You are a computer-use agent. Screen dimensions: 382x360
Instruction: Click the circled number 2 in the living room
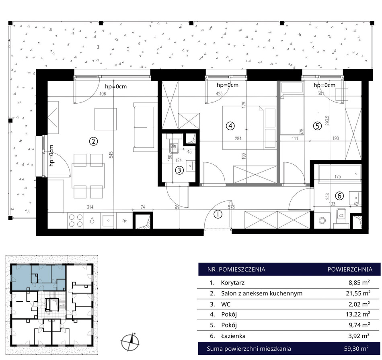(94, 141)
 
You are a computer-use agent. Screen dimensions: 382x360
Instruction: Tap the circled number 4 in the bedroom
(230, 126)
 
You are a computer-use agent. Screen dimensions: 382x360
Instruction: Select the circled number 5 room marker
(317, 126)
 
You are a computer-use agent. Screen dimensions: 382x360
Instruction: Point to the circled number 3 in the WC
(179, 170)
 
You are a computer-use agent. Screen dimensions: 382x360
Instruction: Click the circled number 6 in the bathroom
(339, 196)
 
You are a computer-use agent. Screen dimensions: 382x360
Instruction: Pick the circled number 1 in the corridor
(218, 214)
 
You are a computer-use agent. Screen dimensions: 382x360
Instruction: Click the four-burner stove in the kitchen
(76, 221)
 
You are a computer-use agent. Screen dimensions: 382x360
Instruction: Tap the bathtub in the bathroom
(337, 173)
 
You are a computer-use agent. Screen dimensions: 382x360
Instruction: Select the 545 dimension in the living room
(111, 155)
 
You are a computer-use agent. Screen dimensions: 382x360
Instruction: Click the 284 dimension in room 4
(238, 139)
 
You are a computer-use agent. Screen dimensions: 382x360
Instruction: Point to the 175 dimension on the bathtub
(338, 177)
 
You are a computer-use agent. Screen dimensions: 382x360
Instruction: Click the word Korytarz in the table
(233, 283)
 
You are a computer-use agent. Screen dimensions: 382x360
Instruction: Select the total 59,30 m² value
(356, 349)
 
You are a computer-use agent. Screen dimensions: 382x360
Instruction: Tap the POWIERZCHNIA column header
(350, 270)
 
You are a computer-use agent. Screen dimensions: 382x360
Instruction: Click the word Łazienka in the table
(233, 336)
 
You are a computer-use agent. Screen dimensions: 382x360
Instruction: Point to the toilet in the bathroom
(341, 218)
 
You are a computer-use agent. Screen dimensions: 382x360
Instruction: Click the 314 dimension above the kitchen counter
(90, 207)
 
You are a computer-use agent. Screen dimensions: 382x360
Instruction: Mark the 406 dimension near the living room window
(103, 94)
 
